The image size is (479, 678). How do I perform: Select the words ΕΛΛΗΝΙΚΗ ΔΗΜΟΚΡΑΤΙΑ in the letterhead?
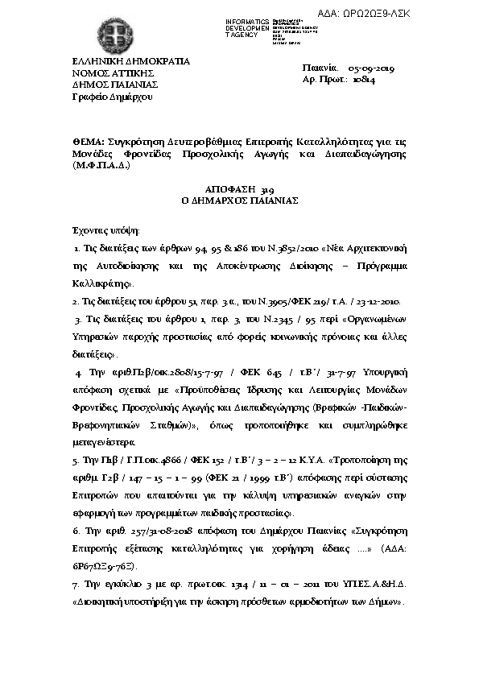pyautogui.click(x=131, y=60)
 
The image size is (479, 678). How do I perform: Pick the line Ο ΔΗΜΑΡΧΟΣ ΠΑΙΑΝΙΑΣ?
pyautogui.click(x=239, y=200)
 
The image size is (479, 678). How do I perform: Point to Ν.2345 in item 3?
pyautogui.click(x=248, y=320)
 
